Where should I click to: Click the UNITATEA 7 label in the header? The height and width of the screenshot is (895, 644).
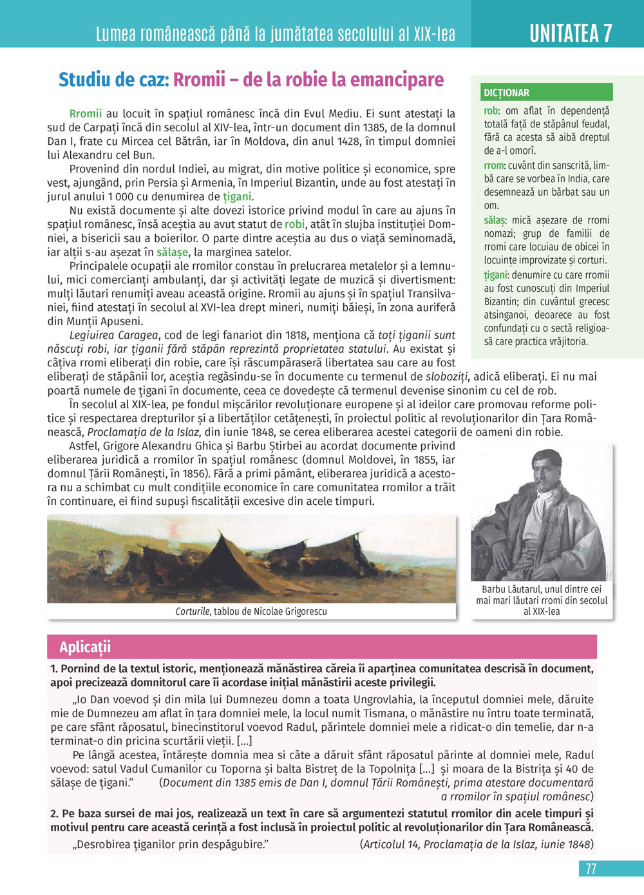571,32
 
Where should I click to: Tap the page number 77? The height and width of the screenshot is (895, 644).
591,869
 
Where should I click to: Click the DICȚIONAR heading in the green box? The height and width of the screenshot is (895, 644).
507,93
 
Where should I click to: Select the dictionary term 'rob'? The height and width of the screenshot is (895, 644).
491,111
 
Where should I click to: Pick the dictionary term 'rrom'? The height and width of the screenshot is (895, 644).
494,165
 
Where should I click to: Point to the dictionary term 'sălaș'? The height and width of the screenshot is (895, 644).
495,220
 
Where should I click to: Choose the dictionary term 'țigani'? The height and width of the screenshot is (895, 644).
496,275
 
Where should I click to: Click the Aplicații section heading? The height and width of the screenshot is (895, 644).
85,646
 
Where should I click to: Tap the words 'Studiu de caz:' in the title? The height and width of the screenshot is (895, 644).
113,80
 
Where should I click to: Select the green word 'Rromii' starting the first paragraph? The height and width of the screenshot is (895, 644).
86,114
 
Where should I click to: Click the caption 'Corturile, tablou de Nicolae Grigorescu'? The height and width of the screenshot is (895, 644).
251,611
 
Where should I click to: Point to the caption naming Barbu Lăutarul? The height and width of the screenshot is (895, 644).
542,600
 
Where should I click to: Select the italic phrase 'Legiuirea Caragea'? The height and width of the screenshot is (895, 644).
113,335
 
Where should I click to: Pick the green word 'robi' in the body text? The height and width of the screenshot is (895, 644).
295,224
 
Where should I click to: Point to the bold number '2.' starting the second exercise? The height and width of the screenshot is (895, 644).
55,814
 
